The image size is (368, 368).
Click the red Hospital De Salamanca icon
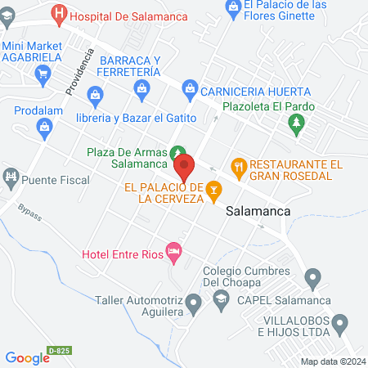pos(60,14)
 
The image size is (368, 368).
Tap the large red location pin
pos(184,167)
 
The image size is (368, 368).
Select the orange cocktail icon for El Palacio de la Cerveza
pos(213,191)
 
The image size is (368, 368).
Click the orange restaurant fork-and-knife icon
pos(239,167)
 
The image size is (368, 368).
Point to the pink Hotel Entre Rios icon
pos(173,252)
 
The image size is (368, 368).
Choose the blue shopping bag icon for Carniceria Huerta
pos(190,87)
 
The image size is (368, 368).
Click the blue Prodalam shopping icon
pos(43,126)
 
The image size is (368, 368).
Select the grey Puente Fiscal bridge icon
pos(11,176)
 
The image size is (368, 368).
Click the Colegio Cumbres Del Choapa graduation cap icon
pos(220,302)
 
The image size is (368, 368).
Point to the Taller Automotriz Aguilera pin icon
pos(193,305)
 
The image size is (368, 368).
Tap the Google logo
pos(28,357)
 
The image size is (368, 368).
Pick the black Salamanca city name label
pos(258,210)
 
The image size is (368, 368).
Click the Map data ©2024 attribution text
pos(332,361)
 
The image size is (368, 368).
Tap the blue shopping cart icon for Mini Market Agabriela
pos(43,74)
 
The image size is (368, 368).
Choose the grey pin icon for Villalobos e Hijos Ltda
pos(343,329)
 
